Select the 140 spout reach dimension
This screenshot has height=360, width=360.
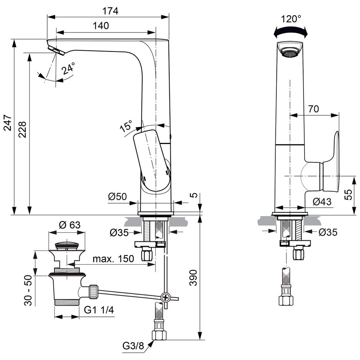[x=101, y=26]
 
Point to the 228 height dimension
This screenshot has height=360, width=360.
[x=22, y=128]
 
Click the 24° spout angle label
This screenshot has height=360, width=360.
[x=68, y=68]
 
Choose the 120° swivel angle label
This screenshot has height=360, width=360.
[x=291, y=19]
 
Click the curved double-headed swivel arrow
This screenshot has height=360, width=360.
[x=291, y=33]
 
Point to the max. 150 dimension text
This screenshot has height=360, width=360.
[x=113, y=258]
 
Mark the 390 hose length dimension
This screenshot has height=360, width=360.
[x=194, y=277]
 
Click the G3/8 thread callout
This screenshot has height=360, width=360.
[x=133, y=346]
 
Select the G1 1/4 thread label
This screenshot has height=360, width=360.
[x=99, y=310]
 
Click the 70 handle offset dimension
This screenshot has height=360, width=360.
[x=313, y=109]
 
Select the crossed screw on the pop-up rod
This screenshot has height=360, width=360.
[x=166, y=297]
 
